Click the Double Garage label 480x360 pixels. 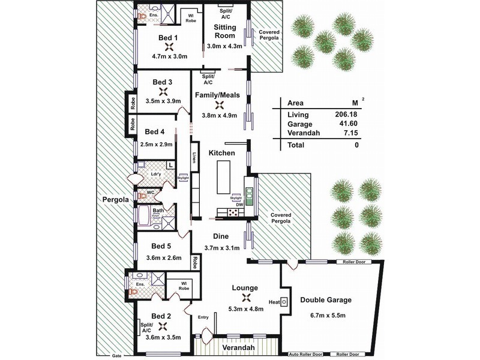[326, 300]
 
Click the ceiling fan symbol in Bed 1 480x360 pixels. [170, 47]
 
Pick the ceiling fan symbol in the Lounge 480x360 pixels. [245, 298]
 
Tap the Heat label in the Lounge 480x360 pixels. [275, 302]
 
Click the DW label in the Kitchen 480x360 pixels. [240, 205]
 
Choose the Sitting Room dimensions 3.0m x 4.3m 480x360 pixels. [224, 46]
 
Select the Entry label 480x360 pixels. [204, 318]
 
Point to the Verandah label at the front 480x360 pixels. [236, 347]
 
